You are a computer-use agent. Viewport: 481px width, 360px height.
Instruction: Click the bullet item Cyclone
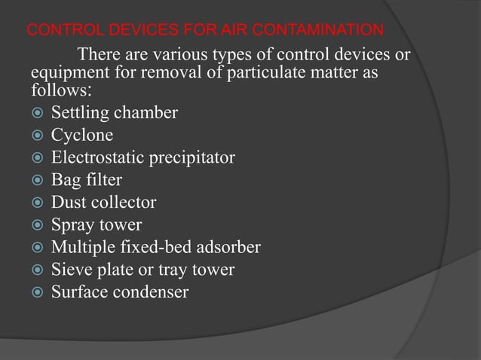(82, 136)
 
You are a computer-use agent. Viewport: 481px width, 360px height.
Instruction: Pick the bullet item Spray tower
(96, 224)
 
